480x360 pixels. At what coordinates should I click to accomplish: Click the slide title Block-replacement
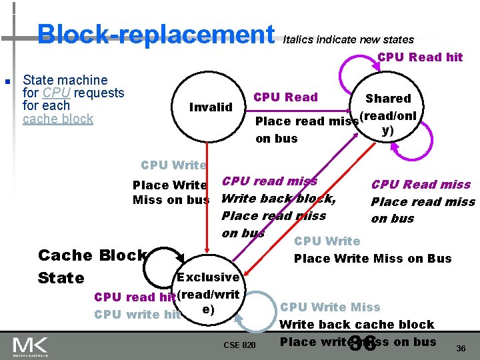pos(155,33)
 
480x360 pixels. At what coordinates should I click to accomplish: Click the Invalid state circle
pos(211,107)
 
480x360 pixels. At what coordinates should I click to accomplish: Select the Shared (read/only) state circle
pos(388,113)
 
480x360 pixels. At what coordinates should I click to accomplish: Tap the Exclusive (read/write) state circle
pos(208,293)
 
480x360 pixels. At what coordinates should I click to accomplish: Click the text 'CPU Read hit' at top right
pos(420,57)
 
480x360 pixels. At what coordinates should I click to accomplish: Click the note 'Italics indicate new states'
pos(348,39)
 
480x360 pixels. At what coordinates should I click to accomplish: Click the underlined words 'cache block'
pos(58,119)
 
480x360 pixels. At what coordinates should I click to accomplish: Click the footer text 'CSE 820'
pos(239,345)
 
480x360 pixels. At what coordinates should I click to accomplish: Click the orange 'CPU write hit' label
pos(137,315)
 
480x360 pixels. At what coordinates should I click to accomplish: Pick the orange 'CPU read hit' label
pos(135,297)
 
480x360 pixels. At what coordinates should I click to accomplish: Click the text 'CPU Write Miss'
pos(330,307)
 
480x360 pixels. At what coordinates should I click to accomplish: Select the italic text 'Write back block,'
pos(278,198)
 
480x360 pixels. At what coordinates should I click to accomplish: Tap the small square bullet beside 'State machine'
pos(7,82)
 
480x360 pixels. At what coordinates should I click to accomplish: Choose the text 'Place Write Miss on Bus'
pos(373,258)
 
